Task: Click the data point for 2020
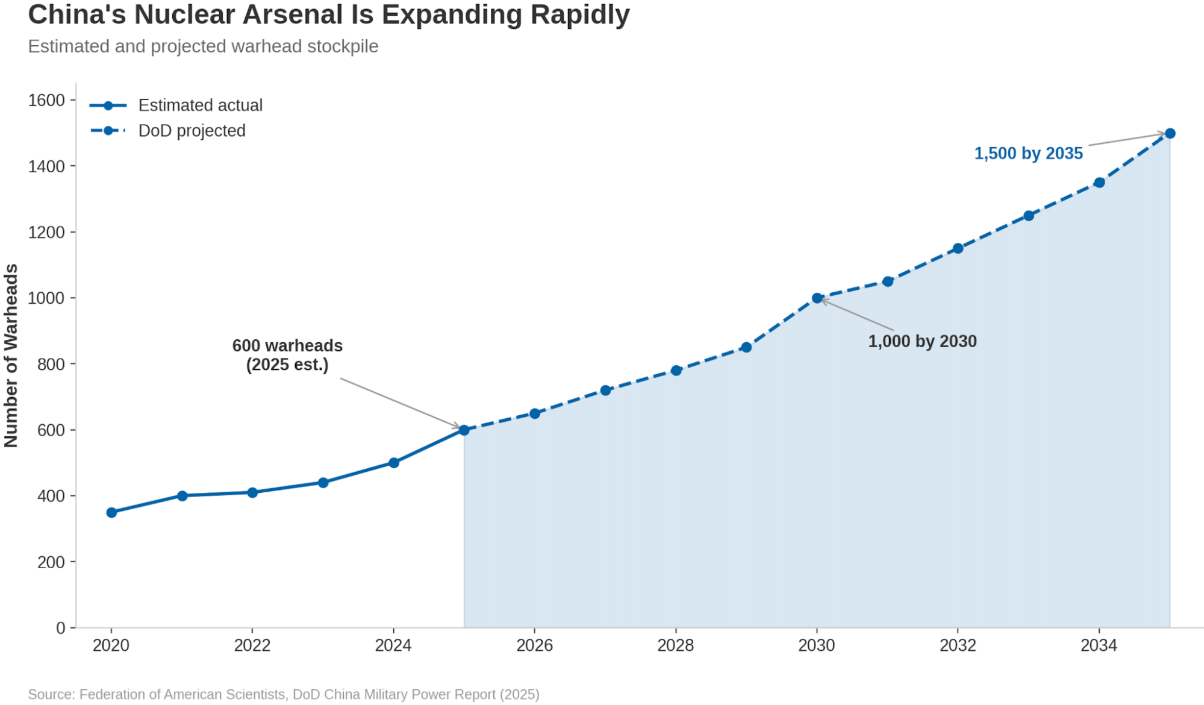(x=111, y=512)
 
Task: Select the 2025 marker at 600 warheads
(x=464, y=430)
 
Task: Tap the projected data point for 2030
(x=817, y=298)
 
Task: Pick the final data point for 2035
(x=1170, y=133)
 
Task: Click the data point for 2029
(x=746, y=347)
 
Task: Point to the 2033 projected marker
(x=1029, y=215)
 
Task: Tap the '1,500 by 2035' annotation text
(x=1028, y=154)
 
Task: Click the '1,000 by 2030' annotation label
(x=922, y=341)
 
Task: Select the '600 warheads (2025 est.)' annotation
(x=287, y=355)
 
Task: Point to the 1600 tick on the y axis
(x=46, y=100)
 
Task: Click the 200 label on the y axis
(x=51, y=562)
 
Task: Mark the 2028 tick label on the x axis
(x=675, y=645)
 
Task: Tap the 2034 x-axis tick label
(x=1099, y=645)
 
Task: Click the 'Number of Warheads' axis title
(x=11, y=356)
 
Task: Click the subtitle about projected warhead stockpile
(x=203, y=46)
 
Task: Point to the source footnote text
(x=284, y=694)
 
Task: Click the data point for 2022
(x=252, y=492)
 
